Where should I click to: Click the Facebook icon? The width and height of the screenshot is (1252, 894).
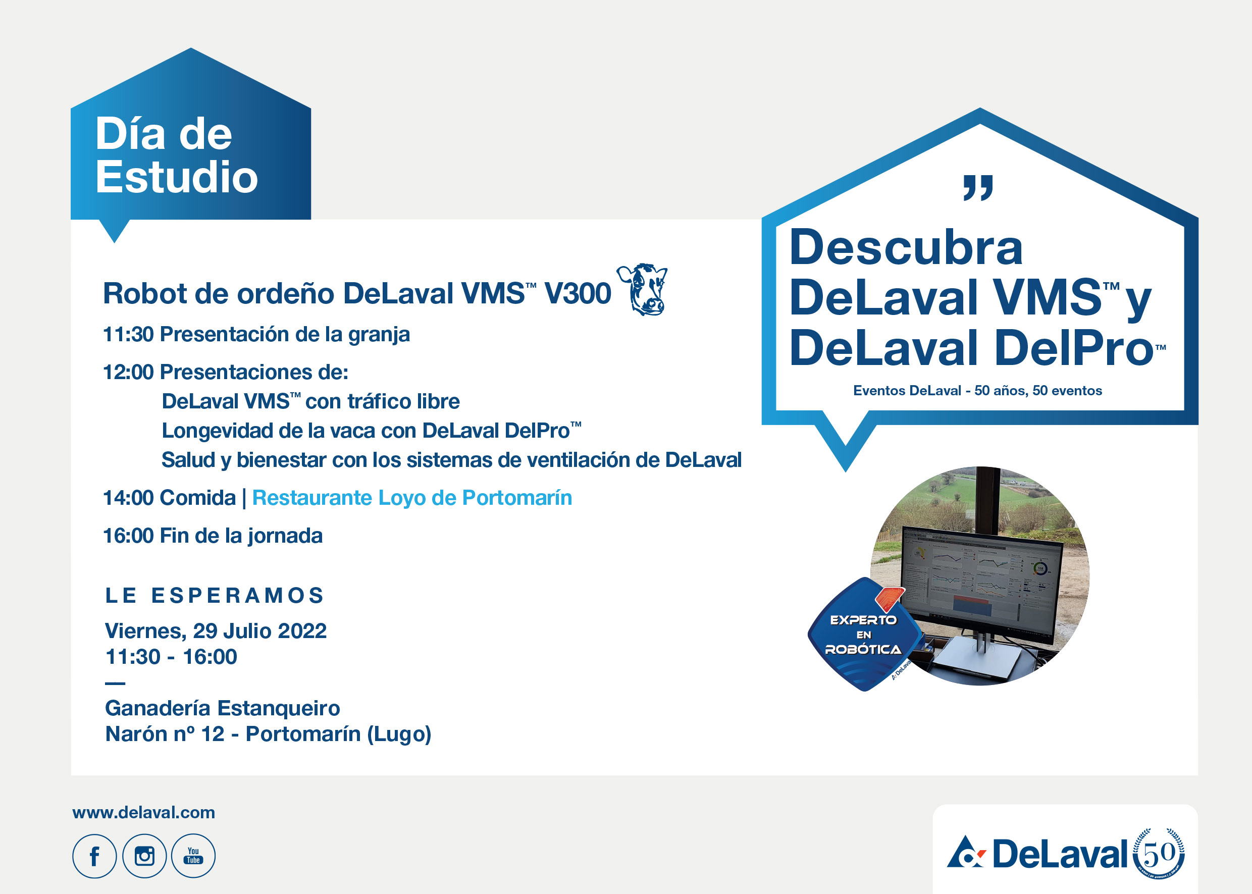94,856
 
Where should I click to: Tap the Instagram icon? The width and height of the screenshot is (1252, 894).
144,856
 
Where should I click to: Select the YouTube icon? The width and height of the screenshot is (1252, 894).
193,856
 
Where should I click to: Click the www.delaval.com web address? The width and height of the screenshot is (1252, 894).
144,813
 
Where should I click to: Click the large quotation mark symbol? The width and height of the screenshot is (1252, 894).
978,188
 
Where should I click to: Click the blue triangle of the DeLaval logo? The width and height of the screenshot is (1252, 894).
962,853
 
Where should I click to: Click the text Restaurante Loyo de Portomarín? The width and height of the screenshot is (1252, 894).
412,498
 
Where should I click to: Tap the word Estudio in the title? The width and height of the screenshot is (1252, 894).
177,177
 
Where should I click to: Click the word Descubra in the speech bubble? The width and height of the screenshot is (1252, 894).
906,247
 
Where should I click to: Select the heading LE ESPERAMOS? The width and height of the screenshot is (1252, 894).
215,596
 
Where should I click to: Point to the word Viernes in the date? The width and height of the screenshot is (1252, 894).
145,631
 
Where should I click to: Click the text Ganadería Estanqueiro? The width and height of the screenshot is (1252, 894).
223,708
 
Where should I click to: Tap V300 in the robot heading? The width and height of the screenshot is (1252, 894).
577,293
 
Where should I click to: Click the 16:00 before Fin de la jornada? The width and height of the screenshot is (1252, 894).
128,536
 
